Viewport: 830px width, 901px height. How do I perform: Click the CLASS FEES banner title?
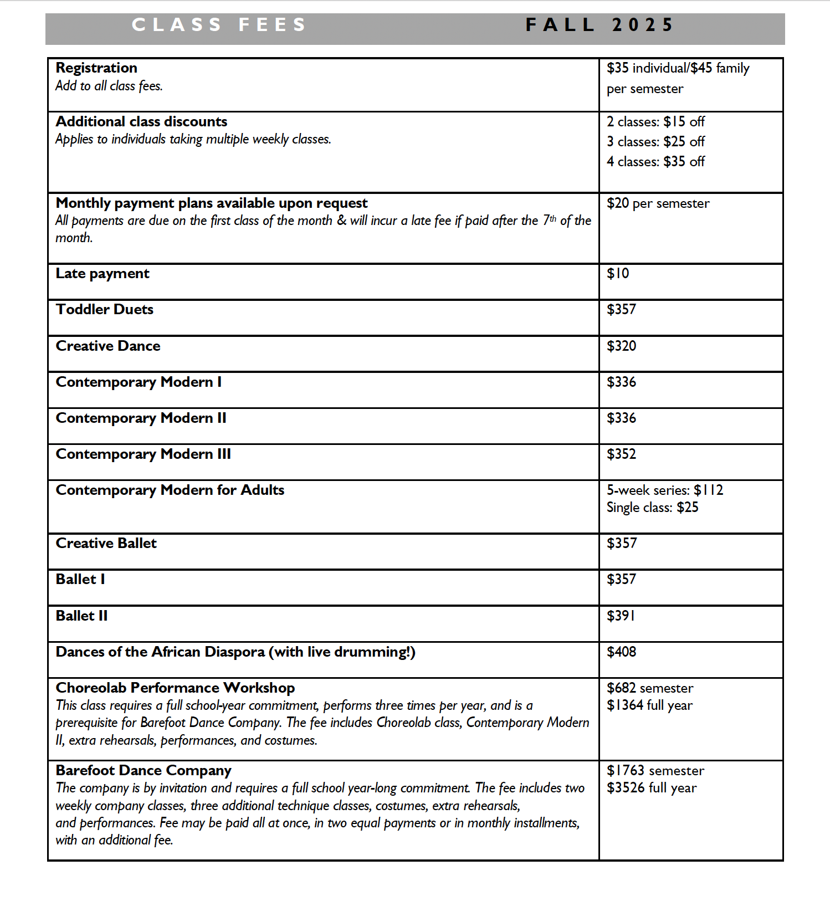219,25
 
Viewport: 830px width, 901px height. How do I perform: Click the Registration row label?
96,68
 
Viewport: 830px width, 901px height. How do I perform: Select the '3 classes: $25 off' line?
655,142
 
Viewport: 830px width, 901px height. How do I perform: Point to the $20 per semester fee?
658,203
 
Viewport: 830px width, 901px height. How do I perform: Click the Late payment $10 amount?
618,273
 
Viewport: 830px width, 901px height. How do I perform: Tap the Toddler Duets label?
105,309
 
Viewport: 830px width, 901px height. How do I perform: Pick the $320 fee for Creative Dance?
621,346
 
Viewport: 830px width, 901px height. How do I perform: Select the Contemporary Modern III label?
143,454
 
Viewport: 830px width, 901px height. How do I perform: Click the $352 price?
621,454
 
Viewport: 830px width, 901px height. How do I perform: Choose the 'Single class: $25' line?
652,508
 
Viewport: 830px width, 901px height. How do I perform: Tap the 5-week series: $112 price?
664,490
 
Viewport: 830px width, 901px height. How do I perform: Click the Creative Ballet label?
106,543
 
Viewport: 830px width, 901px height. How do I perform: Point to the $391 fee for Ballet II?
621,616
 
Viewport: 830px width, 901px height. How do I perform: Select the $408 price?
621,652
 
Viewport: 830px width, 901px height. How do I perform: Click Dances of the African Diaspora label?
235,652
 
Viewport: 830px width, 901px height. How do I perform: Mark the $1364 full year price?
649,705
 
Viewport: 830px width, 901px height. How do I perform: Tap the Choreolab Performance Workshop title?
175,688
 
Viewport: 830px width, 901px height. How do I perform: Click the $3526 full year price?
652,788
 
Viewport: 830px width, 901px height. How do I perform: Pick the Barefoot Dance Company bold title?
144,770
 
